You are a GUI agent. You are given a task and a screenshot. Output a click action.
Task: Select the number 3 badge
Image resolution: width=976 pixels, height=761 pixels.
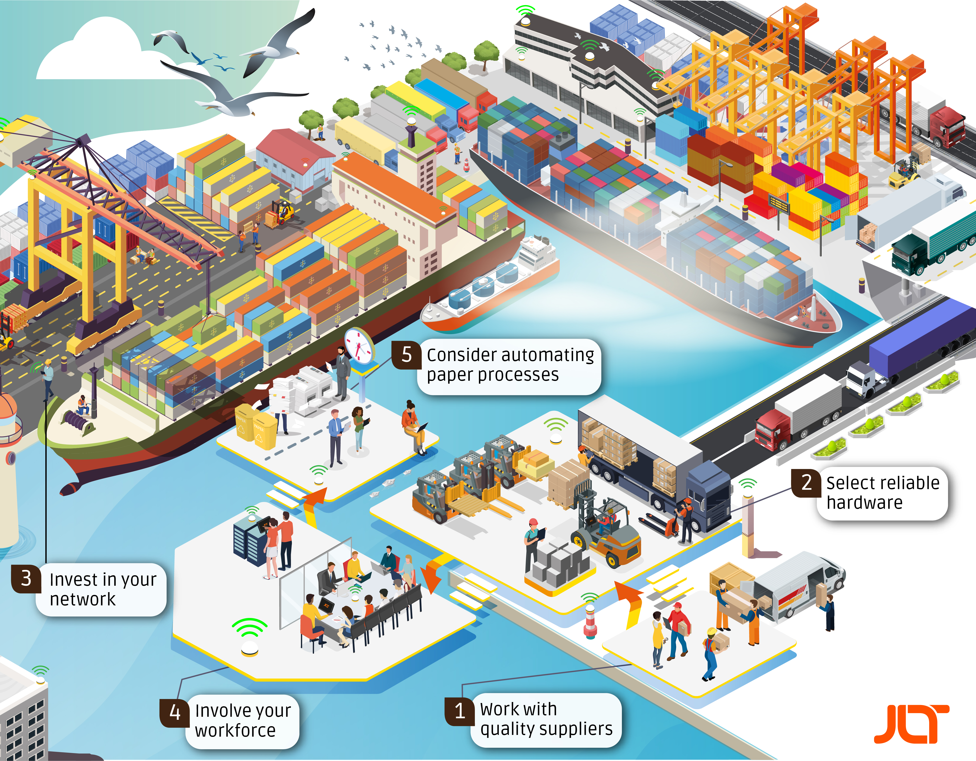pos(26,579)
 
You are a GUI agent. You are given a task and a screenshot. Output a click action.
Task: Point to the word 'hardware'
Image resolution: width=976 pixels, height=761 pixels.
pos(864,503)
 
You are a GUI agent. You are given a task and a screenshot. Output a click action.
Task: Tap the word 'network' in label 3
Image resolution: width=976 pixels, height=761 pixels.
pos(83,599)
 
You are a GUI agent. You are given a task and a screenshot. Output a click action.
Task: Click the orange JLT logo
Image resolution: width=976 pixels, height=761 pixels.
pos(912,724)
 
